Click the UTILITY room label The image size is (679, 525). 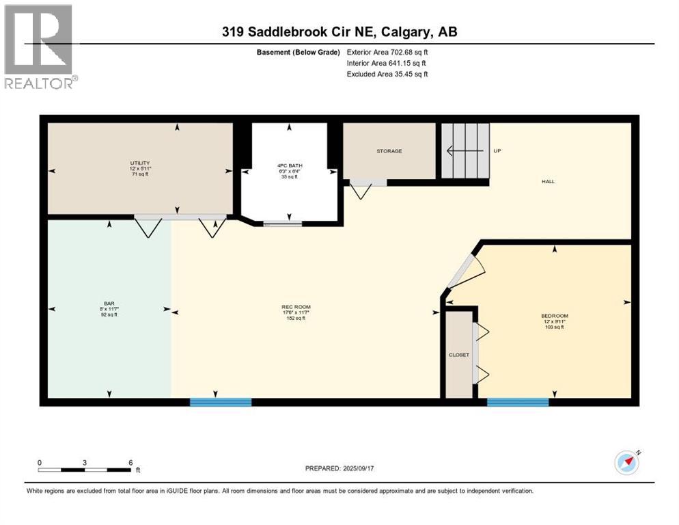(140, 163)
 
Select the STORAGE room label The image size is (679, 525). (389, 151)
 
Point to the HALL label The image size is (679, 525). (548, 182)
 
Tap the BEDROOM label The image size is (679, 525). (554, 316)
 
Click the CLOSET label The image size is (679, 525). (458, 355)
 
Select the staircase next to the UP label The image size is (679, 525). (465, 150)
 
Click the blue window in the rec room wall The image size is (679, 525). (220, 402)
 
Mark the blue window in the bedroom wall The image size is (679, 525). (517, 402)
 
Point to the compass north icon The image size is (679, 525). (626, 463)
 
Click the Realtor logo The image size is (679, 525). (40, 46)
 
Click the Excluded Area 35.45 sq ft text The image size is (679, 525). (387, 74)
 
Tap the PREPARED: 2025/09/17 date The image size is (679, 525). (341, 468)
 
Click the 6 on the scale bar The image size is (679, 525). (130, 462)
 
